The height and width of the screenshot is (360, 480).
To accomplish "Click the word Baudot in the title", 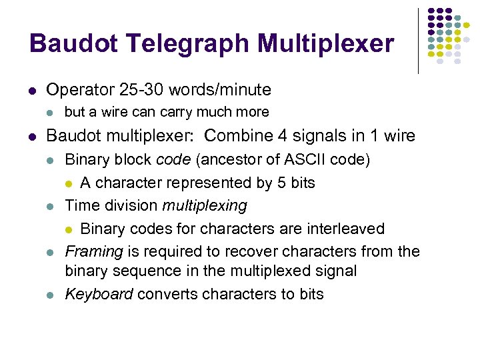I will [72, 43].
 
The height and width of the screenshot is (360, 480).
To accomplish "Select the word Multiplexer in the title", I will [327, 45].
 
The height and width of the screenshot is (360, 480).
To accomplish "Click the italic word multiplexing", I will [205, 206].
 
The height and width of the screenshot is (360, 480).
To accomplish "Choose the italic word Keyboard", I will [99, 294].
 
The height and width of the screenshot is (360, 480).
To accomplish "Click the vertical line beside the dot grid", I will [418, 40].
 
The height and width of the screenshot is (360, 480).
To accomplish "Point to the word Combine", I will [234, 136].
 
